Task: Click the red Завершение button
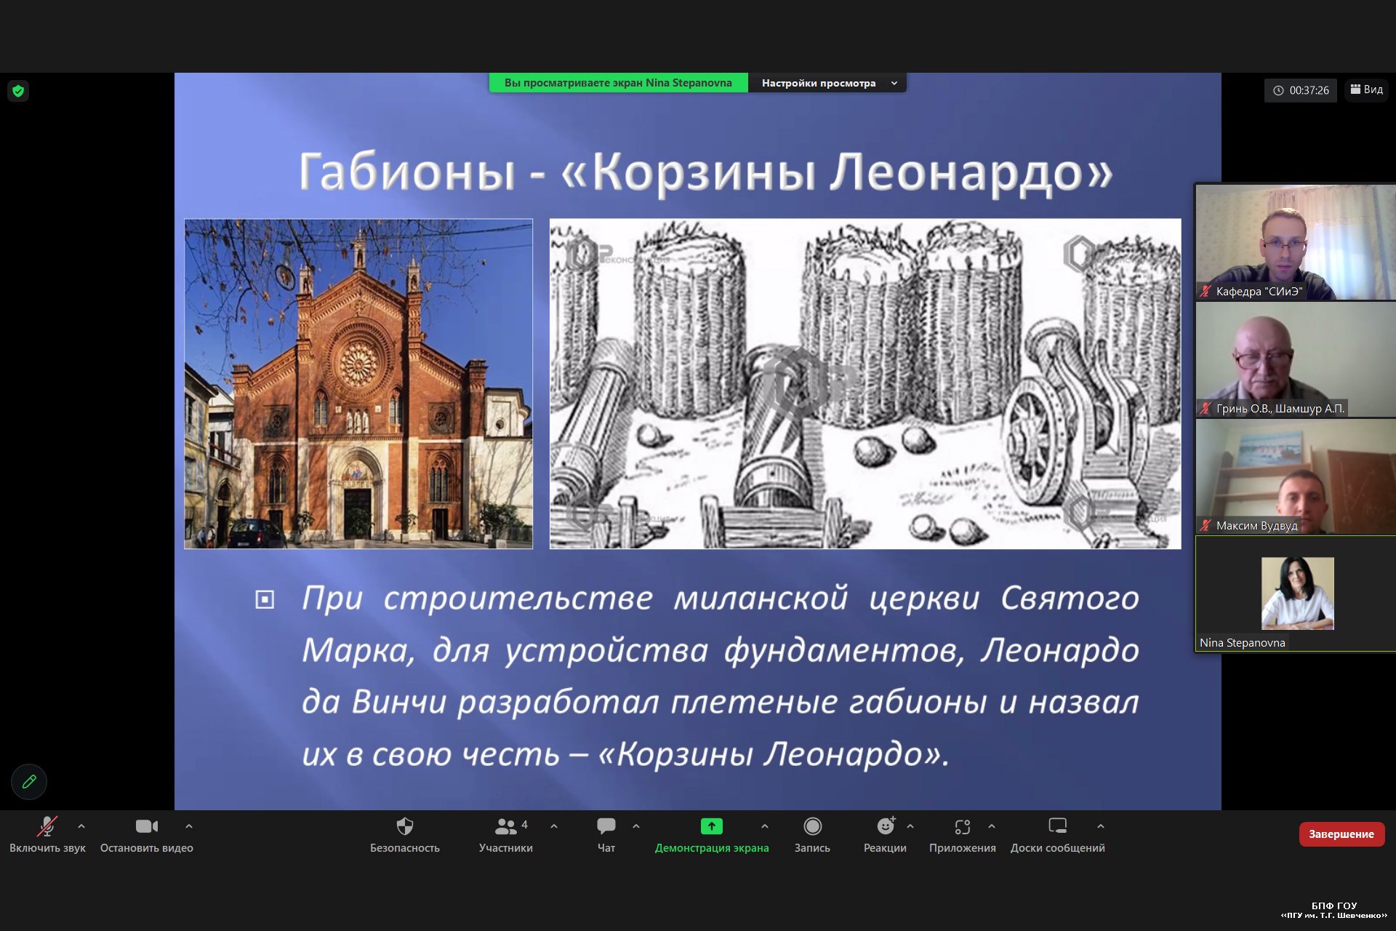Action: point(1341,834)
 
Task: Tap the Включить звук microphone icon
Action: point(47,826)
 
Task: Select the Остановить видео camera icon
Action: point(147,826)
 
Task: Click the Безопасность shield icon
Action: point(405,826)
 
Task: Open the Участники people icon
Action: point(506,826)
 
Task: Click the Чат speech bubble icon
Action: point(606,826)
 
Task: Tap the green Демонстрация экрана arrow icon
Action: point(712,826)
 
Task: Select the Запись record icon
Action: point(812,826)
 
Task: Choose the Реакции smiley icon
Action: point(886,826)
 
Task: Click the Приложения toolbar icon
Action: point(963,826)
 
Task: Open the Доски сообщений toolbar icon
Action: point(1058,826)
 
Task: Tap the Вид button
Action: point(1367,89)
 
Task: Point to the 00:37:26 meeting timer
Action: point(1301,90)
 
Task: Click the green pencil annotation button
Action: point(29,782)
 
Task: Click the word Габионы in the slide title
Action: point(407,172)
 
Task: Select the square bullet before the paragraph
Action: point(265,599)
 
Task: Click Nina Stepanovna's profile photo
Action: point(1298,594)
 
